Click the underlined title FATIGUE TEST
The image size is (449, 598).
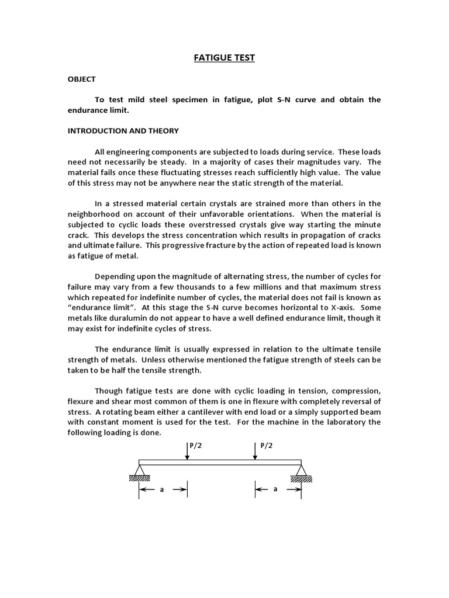[224, 58]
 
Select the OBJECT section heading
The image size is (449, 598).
[81, 79]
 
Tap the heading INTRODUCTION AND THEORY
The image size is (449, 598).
[123, 131]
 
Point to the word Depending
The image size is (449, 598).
[115, 276]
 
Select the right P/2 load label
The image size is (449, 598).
[267, 445]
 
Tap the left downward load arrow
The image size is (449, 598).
[188, 451]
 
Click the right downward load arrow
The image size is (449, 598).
[255, 451]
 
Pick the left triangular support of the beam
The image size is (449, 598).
[139, 470]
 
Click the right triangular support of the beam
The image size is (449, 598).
[301, 470]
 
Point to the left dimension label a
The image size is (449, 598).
[162, 490]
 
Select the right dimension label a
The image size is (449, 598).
[275, 489]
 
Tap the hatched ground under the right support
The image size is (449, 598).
[301, 479]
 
